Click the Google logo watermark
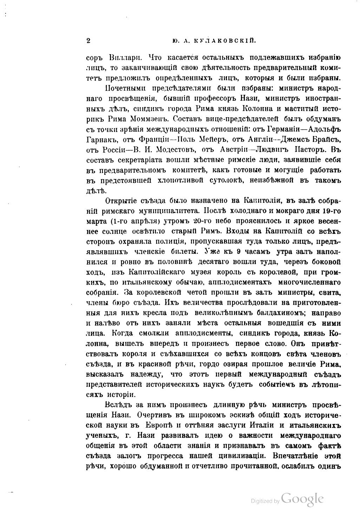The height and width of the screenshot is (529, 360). pos(302,499)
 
